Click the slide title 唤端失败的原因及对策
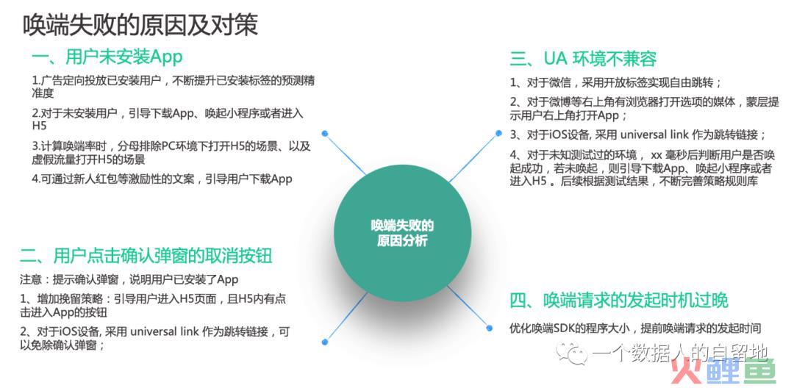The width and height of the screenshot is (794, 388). [140, 24]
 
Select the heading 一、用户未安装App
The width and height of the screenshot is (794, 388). [107, 57]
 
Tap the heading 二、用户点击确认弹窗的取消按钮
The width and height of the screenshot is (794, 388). [146, 255]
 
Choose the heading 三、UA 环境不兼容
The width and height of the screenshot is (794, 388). [583, 59]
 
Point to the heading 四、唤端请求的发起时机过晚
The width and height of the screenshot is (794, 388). [619, 301]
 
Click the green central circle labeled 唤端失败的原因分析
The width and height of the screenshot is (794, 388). [403, 233]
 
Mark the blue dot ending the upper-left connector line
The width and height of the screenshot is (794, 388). [325, 134]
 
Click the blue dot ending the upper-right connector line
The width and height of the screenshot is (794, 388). [498, 133]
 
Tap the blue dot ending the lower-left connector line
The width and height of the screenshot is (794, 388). [325, 342]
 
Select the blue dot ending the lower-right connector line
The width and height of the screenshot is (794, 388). [489, 328]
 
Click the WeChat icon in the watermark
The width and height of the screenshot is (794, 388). [572, 352]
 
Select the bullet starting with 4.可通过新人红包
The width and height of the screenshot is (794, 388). [162, 179]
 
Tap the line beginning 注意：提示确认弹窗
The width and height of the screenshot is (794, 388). [129, 279]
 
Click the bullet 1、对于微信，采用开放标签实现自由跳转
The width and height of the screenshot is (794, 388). [616, 82]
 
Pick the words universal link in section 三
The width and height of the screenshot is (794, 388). [654, 135]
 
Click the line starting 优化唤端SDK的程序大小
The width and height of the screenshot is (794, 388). [635, 328]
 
